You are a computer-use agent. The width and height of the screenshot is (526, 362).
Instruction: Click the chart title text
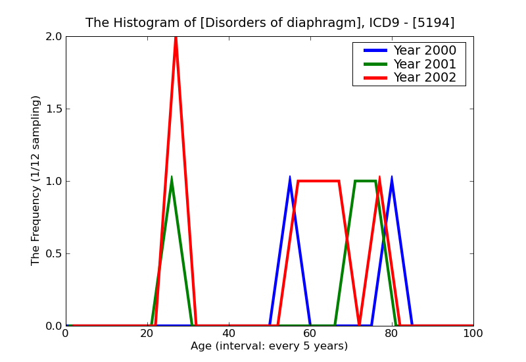click(270, 23)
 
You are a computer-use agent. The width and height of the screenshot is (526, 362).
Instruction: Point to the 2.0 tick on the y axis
click(54, 37)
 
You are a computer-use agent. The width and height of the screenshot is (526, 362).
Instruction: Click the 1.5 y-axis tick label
click(54, 109)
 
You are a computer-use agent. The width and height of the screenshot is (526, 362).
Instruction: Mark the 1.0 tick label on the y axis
click(54, 182)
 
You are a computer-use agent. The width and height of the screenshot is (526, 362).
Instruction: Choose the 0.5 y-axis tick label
click(54, 254)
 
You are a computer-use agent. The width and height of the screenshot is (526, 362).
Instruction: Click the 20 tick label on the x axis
click(147, 334)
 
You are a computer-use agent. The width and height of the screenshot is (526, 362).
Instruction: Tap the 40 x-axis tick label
click(229, 334)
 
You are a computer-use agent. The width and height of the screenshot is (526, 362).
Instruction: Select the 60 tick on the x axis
click(310, 334)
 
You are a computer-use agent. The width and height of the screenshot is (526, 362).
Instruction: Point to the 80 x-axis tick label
click(392, 334)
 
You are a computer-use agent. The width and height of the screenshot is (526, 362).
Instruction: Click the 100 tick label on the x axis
click(473, 334)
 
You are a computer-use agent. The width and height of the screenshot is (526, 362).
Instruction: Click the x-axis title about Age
click(270, 346)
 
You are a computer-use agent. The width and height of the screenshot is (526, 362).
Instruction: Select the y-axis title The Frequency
click(36, 180)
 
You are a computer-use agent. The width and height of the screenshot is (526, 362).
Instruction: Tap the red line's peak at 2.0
click(176, 38)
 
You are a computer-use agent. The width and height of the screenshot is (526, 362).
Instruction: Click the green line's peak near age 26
click(172, 177)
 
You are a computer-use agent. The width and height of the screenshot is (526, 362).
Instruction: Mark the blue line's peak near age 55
click(290, 177)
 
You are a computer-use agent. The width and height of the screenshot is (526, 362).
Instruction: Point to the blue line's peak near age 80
click(392, 177)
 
